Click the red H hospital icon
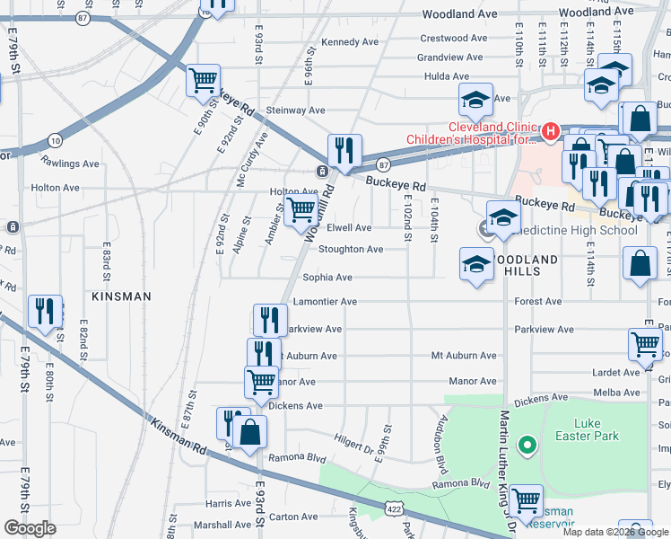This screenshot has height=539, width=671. click(x=549, y=131)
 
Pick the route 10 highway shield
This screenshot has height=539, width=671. click(x=55, y=140)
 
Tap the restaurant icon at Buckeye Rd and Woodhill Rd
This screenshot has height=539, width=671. click(x=344, y=150)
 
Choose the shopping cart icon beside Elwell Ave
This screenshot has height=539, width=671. click(x=301, y=211)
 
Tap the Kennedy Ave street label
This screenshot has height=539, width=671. click(x=350, y=42)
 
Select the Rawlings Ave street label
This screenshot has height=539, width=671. click(x=70, y=163)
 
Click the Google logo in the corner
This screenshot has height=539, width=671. click(x=30, y=528)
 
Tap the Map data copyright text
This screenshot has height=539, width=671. click(x=615, y=532)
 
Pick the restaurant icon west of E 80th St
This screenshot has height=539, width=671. click(x=44, y=311)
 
